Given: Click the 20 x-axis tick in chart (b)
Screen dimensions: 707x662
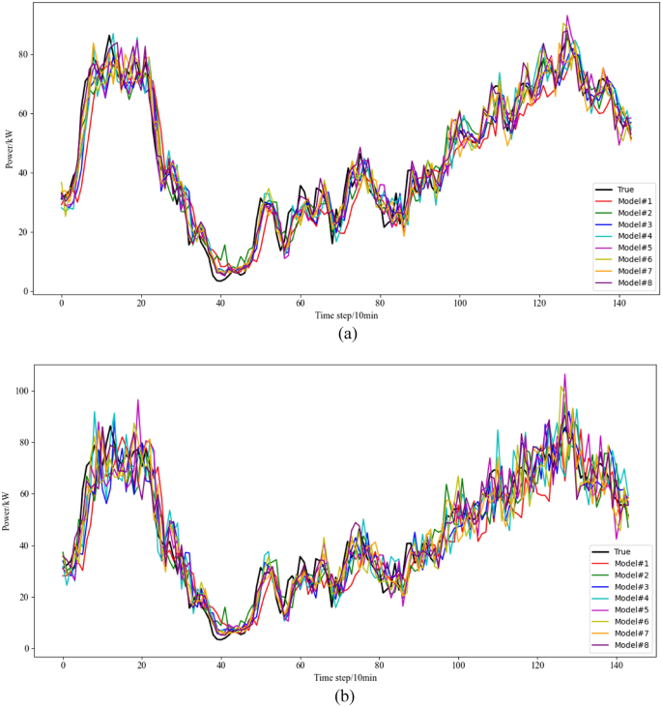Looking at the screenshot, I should tap(142, 665).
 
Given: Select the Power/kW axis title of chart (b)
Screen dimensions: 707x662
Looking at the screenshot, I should tap(10, 510).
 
